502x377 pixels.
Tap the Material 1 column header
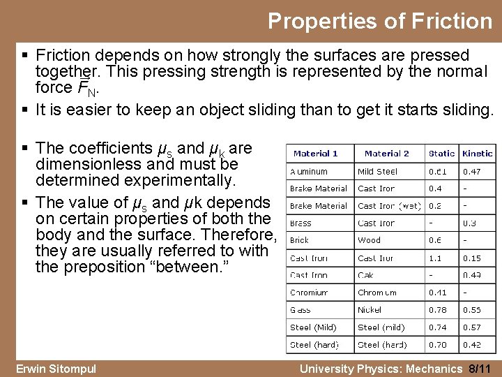point(315,154)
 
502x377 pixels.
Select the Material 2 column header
point(386,154)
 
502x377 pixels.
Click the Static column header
point(441,154)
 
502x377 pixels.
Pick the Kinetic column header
point(477,154)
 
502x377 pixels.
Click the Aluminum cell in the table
point(308,171)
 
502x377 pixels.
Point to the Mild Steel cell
point(377,171)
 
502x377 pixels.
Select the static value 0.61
point(437,171)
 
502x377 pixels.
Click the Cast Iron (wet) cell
point(390,206)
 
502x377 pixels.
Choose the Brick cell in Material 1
point(299,240)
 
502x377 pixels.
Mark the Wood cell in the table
point(369,240)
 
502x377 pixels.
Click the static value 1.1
point(434,258)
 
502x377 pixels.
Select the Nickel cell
point(370,310)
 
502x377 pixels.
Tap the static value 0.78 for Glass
point(437,310)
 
